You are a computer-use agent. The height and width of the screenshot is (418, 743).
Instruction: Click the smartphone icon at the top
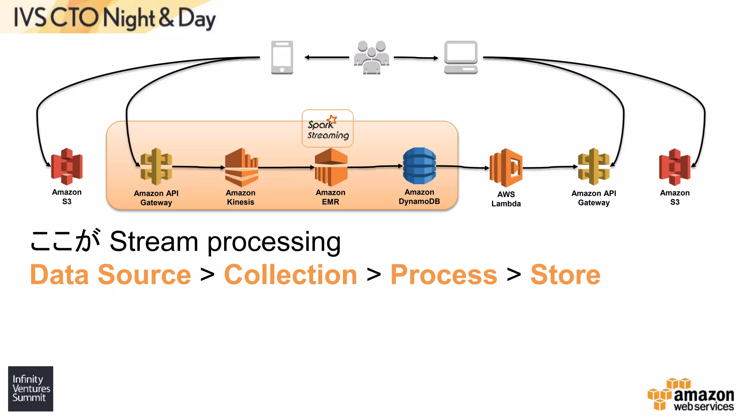point(282,57)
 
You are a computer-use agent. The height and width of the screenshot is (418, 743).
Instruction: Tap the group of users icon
point(371,57)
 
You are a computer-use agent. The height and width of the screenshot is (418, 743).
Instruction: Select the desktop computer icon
point(461,57)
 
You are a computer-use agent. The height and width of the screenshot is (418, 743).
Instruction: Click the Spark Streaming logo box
point(327,128)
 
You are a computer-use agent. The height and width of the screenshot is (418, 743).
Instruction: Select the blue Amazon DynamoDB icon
point(419,166)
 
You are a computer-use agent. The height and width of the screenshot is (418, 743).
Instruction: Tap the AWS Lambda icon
point(506,168)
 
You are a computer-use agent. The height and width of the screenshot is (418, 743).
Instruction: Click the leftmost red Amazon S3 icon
point(67,167)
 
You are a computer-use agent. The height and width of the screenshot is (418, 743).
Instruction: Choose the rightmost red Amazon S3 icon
point(675,167)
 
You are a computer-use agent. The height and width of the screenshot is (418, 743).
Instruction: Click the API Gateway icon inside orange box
point(156,167)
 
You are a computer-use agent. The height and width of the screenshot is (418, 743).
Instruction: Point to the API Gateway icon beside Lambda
point(594,167)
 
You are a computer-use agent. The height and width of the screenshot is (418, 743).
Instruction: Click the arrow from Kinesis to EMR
point(286,167)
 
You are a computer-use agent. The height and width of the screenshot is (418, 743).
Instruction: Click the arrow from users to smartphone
point(327,57)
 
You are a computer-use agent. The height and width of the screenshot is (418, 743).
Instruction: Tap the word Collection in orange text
point(291,275)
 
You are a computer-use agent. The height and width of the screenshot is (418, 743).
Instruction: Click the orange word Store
point(565,275)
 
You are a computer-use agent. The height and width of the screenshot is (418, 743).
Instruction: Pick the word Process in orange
point(443,275)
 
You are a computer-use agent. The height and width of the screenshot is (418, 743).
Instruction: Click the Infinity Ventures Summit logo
point(31,389)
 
